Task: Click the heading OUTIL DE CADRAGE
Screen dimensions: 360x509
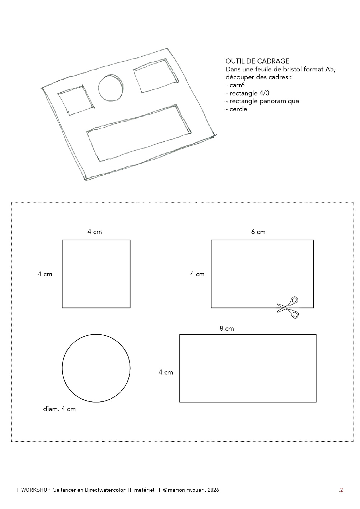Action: pyautogui.click(x=257, y=61)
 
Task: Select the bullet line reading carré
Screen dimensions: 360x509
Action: pyautogui.click(x=235, y=85)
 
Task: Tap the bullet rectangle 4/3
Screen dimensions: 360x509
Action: pyautogui.click(x=247, y=93)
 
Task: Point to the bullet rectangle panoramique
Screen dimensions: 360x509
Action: pyautogui.click(x=262, y=101)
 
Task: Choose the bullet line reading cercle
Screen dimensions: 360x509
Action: pyautogui.click(x=236, y=109)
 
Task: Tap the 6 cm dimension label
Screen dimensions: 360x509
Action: pyautogui.click(x=258, y=232)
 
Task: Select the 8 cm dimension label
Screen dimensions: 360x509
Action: pyautogui.click(x=226, y=328)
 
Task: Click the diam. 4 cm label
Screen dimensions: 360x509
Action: pyautogui.click(x=59, y=409)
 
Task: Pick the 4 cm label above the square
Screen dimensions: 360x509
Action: pyautogui.click(x=95, y=232)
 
